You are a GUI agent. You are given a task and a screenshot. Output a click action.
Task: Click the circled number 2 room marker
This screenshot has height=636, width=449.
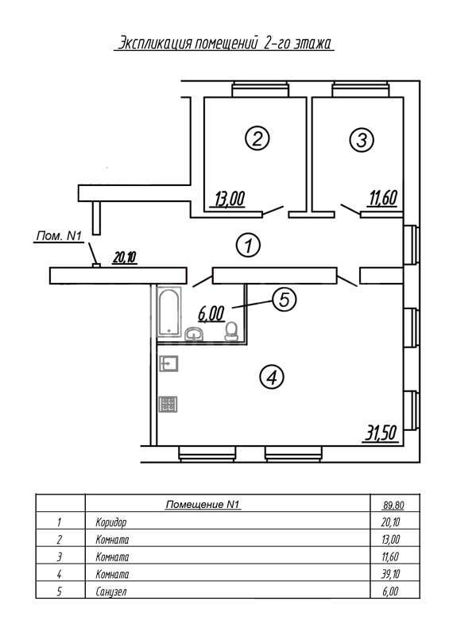[x=257, y=138]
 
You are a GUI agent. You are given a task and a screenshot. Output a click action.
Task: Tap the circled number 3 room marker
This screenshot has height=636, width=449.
[x=362, y=140]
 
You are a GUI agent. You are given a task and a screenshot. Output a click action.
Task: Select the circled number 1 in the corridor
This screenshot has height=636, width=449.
[x=248, y=245]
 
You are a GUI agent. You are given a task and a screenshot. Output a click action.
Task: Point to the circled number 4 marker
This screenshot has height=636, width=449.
[x=271, y=377]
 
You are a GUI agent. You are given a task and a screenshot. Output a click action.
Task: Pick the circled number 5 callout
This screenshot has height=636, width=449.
[x=284, y=300]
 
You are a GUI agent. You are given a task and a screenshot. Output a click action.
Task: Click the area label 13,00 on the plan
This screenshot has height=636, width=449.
[x=230, y=200]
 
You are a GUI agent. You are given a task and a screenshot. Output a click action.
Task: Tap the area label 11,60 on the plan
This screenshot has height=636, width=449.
[x=383, y=198]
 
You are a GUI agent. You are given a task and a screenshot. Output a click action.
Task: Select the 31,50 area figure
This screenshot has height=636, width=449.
[x=381, y=433]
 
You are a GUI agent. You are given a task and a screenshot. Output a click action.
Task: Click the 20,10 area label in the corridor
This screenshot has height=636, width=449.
[x=125, y=258]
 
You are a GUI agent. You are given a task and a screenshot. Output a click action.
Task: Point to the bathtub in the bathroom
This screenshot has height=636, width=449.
[x=168, y=312]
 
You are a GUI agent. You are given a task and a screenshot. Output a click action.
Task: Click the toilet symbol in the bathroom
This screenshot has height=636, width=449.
[x=231, y=331]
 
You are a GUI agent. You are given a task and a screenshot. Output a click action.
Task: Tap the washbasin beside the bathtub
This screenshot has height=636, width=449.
[x=195, y=334]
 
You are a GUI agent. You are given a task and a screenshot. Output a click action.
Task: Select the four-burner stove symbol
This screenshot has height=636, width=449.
[x=168, y=404]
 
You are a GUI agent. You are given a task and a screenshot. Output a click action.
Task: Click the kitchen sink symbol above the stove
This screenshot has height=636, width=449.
[x=168, y=363]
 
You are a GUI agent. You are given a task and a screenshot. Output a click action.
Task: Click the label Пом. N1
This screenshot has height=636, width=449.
[x=60, y=235]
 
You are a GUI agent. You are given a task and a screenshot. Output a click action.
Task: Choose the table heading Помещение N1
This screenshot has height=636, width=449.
[x=203, y=504]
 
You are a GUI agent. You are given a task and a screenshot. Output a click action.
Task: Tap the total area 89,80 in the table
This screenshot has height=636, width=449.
[x=393, y=505]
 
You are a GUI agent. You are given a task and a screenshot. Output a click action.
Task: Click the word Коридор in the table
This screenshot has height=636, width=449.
[x=111, y=522]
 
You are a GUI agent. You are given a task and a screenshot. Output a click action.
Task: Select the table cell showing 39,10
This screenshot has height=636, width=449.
[x=391, y=574]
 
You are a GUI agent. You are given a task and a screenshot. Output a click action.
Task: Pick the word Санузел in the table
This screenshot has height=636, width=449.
[x=111, y=591]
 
